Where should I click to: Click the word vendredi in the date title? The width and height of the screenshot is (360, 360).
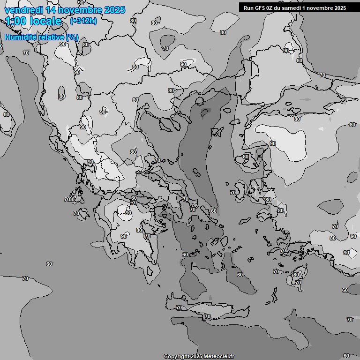click(24, 10)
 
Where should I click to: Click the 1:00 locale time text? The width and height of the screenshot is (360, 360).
click(33, 21)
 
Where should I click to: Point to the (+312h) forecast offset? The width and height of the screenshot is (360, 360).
click(83, 21)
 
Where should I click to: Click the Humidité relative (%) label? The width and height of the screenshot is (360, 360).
click(41, 37)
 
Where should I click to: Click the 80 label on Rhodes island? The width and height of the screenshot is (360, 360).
click(296, 275)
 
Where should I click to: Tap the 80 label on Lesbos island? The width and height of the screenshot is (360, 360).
click(246, 157)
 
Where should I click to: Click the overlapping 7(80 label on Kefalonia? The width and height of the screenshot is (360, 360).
click(69, 200)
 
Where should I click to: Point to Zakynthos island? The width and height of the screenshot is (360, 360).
click(82, 214)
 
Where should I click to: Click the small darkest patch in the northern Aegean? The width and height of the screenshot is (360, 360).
click(205, 112)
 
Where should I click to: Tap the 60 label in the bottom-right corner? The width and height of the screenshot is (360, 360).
click(346, 356)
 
